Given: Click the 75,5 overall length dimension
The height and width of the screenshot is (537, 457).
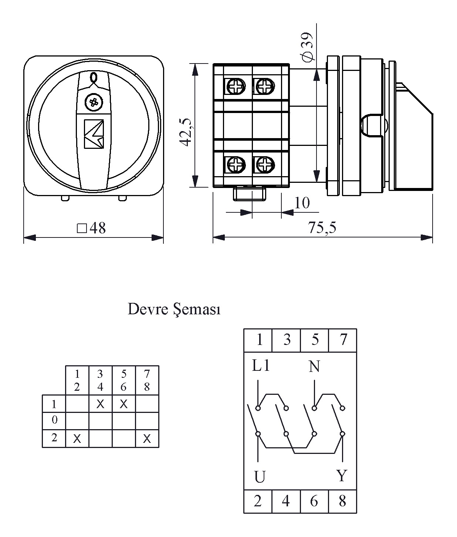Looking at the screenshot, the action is [x=322, y=228].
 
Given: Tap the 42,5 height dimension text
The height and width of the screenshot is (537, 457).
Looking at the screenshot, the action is [x=186, y=132].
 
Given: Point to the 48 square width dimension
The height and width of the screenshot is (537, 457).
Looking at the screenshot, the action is [x=92, y=228].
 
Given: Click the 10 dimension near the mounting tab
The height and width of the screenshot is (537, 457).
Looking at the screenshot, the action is [x=302, y=203].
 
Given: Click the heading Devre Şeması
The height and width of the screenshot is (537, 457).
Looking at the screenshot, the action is [x=174, y=309].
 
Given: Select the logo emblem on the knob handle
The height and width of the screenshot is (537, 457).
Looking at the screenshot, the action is [x=94, y=134].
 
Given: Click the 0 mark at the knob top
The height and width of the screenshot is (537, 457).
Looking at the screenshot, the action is [x=94, y=77].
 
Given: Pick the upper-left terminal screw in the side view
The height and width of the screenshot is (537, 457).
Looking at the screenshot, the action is [x=236, y=86].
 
